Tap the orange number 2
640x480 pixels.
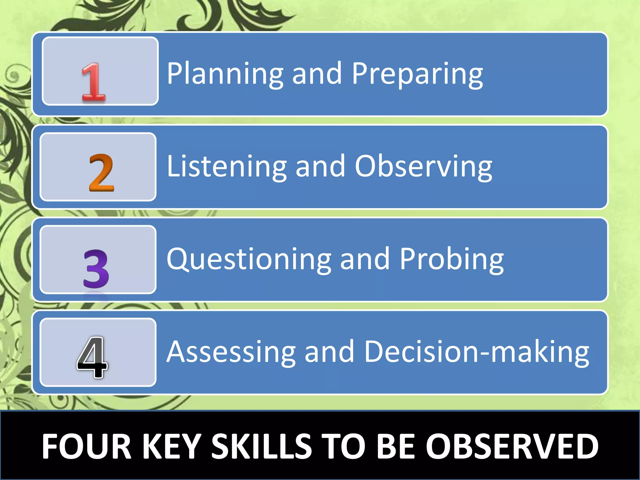click(102, 172)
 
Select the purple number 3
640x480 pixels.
click(96, 269)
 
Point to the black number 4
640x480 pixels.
click(92, 357)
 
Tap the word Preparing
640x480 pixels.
click(417, 74)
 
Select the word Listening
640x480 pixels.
click(227, 166)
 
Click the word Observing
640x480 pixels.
click(423, 166)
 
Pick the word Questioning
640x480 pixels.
click(249, 259)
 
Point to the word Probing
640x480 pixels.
click(452, 259)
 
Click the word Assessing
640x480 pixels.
click(231, 352)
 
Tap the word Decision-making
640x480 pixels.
click(477, 352)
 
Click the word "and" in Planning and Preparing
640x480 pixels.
click(317, 74)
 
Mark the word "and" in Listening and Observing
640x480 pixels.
click(320, 166)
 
